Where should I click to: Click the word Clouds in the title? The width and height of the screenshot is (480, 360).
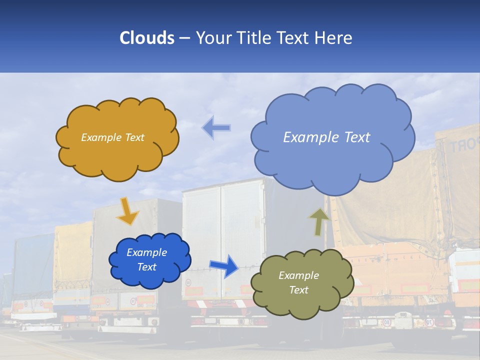[147, 38]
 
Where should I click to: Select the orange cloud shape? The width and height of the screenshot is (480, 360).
[117, 155]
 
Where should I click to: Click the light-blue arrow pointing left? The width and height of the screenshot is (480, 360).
[216, 128]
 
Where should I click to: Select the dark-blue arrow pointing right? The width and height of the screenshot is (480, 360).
[224, 265]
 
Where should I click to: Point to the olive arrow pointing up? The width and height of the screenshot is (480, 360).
[318, 221]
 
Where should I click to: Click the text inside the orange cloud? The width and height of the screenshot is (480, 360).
[112, 137]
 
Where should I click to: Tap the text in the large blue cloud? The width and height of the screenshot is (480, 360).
[326, 137]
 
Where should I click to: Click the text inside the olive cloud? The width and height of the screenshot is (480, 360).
[298, 282]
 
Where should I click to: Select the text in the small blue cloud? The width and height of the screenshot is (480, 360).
[146, 259]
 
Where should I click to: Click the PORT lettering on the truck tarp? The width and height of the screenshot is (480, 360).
[462, 144]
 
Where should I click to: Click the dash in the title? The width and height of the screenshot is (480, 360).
[184, 38]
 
